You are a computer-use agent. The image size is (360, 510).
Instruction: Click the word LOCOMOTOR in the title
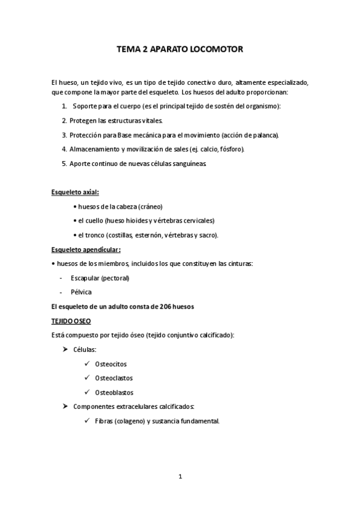(x=215, y=52)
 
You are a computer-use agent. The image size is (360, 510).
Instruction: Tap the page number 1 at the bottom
(x=180, y=476)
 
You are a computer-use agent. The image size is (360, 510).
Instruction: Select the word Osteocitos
(x=111, y=364)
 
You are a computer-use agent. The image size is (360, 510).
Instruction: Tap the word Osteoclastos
(x=114, y=378)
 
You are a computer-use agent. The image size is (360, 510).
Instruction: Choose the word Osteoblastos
(x=114, y=393)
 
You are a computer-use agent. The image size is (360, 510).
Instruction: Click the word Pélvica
(x=81, y=292)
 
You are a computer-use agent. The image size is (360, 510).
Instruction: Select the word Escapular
(x=85, y=278)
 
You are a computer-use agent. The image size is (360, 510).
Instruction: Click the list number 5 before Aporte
(x=64, y=163)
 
